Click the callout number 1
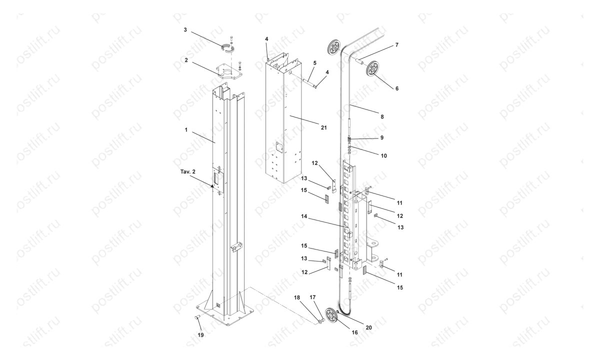[185, 129]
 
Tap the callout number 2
[185, 59]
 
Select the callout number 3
[185, 30]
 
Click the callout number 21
[323, 127]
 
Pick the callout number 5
[314, 63]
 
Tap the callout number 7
[396, 45]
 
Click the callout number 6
[396, 88]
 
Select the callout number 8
[382, 116]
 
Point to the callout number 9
[382, 137]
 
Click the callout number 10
[383, 155]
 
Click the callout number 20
[368, 328]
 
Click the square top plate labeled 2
[229, 71]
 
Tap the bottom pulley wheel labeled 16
[330, 316]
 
